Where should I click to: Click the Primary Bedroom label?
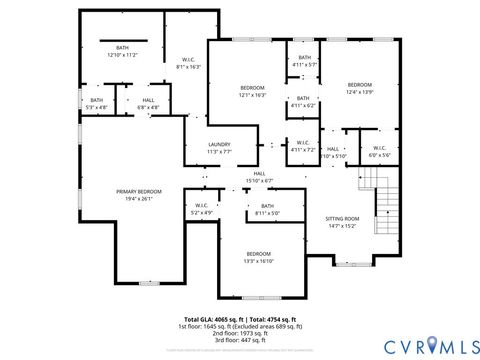point(138,193)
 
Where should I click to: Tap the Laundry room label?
point(219,147)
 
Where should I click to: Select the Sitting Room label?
point(342,221)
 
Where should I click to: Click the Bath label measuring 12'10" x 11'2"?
point(122,51)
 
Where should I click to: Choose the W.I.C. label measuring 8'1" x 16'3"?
point(188,62)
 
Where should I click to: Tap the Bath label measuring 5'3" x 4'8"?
point(96,102)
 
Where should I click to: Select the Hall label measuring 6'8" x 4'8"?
point(148,102)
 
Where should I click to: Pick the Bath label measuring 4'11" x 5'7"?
point(303,61)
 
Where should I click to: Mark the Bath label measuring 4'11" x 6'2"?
point(303,101)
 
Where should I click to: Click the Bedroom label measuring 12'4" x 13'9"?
point(359,88)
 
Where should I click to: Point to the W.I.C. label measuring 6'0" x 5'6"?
point(379,150)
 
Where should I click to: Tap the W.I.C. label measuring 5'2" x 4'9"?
point(202,210)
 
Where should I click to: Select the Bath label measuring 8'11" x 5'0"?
point(267,209)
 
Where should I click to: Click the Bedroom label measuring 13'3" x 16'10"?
point(259,257)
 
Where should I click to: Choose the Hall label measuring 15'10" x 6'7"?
point(259,176)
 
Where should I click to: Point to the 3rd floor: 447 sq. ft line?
point(240,341)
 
